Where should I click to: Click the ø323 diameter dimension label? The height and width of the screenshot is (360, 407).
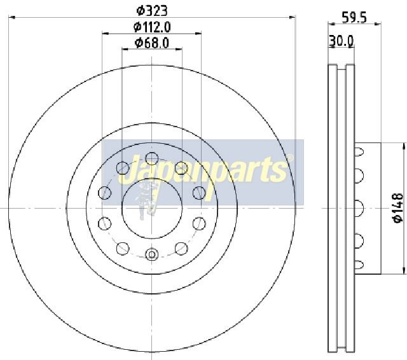[x=152, y=11]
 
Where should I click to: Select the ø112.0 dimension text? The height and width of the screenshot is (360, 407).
[x=152, y=27]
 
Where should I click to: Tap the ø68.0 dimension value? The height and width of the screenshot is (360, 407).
[x=152, y=43]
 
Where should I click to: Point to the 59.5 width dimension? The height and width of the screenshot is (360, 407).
[x=354, y=18]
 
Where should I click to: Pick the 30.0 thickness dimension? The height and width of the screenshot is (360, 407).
[x=341, y=41]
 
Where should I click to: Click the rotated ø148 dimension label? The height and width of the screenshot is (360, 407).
[x=398, y=208]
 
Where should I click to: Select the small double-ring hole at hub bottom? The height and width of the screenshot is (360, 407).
[x=151, y=254]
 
